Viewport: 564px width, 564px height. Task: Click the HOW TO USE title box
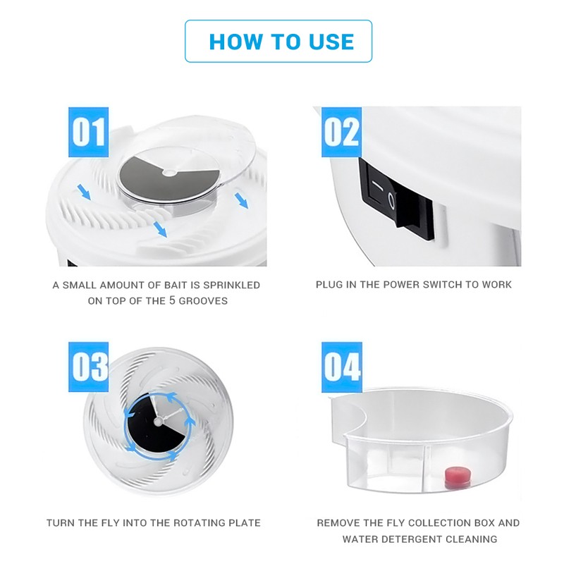pos(278,41)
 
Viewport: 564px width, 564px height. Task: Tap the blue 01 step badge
pos(88,132)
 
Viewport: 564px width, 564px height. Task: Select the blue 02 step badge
pos(341,132)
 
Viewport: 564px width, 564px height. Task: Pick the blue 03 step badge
pos(88,367)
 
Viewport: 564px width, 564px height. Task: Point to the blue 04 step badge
pos(341,367)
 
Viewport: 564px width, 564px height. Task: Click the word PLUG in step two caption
pos(329,285)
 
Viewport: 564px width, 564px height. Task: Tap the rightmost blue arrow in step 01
pos(242,202)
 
